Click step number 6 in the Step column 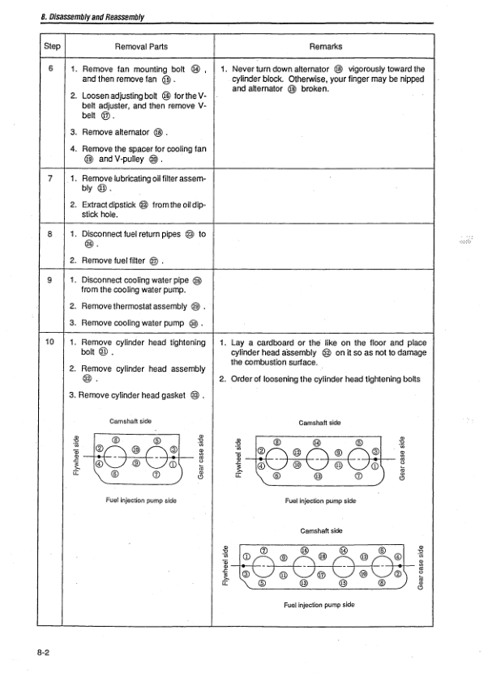(50, 69)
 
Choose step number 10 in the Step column (50, 342)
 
